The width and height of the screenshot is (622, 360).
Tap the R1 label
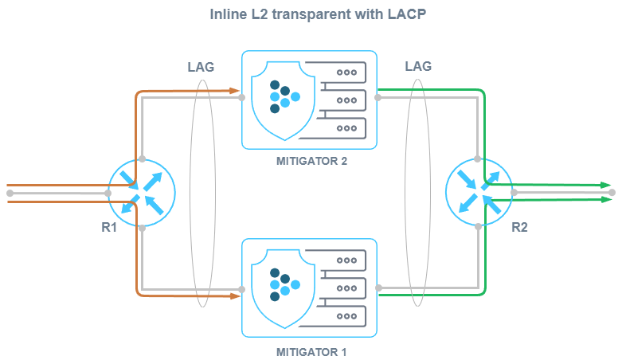(110, 227)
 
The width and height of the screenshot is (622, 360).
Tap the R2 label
(519, 227)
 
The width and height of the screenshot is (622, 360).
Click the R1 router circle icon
(141, 193)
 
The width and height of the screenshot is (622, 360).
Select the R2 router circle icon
(479, 193)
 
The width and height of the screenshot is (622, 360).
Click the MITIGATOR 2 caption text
(311, 161)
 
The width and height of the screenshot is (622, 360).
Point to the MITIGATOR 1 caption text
(311, 350)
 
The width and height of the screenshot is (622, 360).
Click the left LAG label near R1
(200, 67)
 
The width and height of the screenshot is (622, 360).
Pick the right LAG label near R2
(418, 67)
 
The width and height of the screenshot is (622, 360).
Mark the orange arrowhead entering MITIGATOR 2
(236, 91)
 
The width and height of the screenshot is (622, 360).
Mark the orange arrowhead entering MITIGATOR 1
(236, 295)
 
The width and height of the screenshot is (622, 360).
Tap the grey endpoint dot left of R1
(10, 193)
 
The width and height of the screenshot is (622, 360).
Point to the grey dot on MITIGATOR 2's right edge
(378, 98)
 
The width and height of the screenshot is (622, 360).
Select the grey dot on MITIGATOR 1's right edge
(378, 288)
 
